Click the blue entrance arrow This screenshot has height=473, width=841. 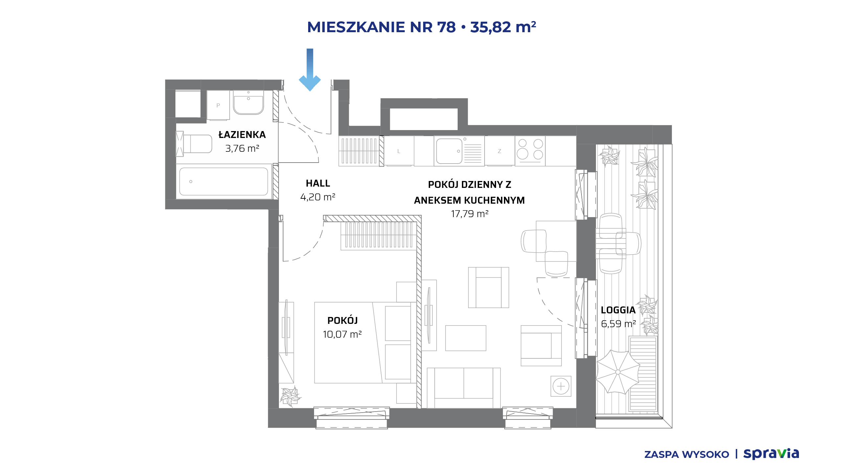(x=310, y=70)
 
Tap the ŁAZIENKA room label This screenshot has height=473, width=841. (x=242, y=134)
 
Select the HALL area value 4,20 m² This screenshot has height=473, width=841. (x=318, y=197)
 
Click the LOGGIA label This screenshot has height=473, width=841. (x=618, y=310)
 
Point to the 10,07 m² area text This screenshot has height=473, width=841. (x=342, y=334)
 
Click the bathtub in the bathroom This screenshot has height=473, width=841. (x=224, y=182)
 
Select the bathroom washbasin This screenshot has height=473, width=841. (x=248, y=102)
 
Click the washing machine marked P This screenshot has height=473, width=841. (x=218, y=105)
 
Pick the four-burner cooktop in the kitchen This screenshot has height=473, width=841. (x=530, y=151)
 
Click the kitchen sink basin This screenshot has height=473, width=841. (x=449, y=151)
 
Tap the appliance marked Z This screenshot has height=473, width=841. (x=499, y=151)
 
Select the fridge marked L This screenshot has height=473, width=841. (x=399, y=151)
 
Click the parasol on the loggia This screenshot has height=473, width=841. (x=618, y=372)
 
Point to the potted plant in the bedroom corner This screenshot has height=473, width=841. (x=290, y=396)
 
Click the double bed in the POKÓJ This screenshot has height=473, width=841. (x=365, y=343)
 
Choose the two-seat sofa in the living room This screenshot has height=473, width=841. (x=464, y=388)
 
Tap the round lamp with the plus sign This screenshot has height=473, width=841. (x=561, y=386)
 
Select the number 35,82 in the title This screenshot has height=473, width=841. (x=490, y=27)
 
